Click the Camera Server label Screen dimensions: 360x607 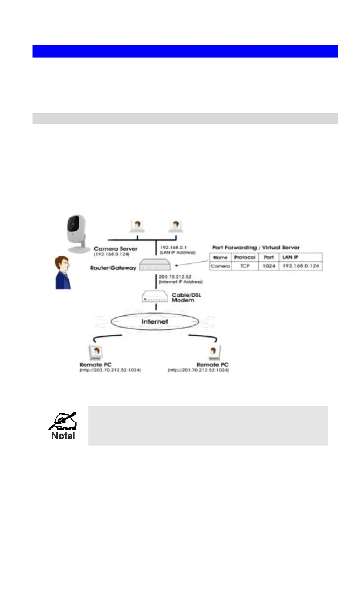point(115,249)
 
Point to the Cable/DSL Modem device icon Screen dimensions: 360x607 point(155,296)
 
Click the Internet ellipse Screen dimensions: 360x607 point(155,322)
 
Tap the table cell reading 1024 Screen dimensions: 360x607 point(269,266)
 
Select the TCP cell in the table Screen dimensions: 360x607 point(245,266)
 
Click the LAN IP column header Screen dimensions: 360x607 point(290,257)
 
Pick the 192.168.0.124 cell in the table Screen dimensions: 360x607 point(301,266)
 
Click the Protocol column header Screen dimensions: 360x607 point(245,257)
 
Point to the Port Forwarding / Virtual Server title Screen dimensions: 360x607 point(256,247)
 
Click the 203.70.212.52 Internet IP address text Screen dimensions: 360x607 point(175,277)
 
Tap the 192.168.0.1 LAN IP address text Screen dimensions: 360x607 point(173,247)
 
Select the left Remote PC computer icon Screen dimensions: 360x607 point(96,353)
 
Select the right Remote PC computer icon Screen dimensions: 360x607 point(214,353)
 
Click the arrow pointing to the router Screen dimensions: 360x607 point(192,264)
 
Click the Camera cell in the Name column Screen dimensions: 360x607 point(220,266)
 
